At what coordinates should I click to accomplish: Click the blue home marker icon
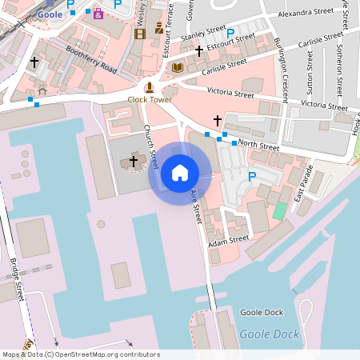(180, 173)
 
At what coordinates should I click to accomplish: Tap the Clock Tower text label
(149, 100)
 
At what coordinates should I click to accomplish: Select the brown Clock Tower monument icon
(149, 87)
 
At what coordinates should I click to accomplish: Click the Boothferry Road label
(91, 60)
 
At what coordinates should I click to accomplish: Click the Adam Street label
(229, 240)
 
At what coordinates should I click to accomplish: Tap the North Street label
(258, 146)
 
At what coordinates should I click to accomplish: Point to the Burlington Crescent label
(280, 63)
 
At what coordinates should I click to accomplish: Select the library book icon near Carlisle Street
(178, 67)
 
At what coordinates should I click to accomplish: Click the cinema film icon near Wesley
(141, 34)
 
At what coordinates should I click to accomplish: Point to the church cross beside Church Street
(134, 162)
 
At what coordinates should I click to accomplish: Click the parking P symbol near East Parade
(252, 177)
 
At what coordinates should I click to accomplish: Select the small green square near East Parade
(278, 211)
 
